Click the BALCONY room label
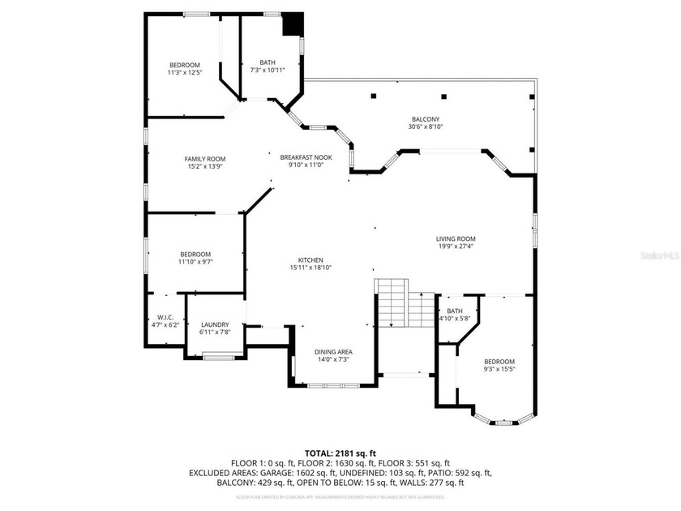[x=426, y=119]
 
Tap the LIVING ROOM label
[x=455, y=238]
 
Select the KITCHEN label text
[x=311, y=260]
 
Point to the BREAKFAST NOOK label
[x=306, y=157]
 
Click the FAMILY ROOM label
[x=204, y=159]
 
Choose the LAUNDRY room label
[x=215, y=324]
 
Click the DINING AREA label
[x=333, y=352]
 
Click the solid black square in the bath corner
[x=291, y=25]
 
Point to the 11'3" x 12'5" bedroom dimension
[x=184, y=72]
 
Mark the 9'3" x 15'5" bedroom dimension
[x=499, y=369]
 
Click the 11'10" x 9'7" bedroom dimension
[x=195, y=262]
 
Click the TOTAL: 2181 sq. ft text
[x=340, y=453]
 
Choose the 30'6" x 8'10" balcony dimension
[x=426, y=127]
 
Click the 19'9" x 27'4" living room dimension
[x=455, y=246]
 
